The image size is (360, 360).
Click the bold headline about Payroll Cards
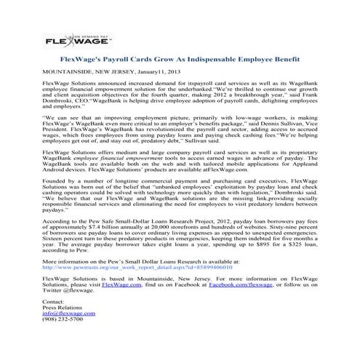pos(179,55)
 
